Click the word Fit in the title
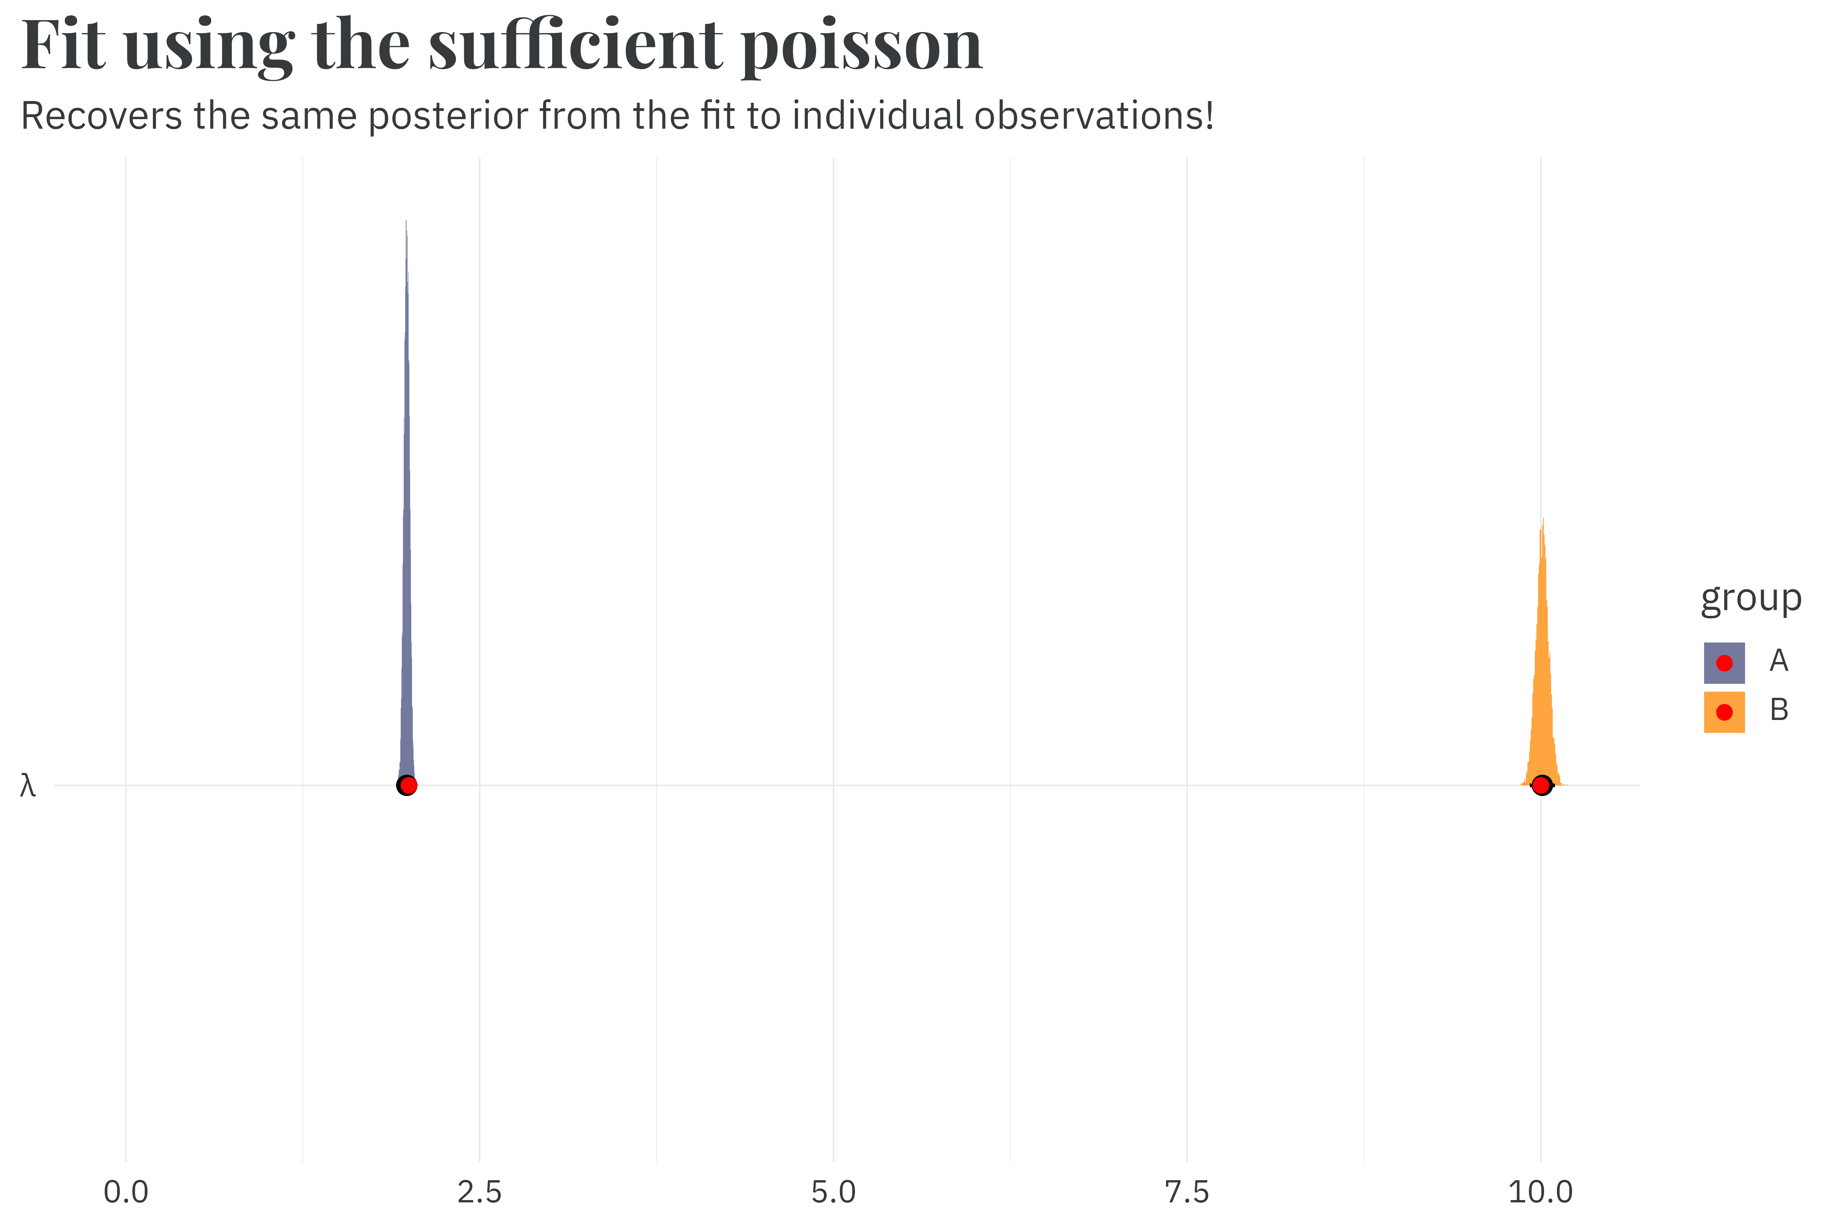pos(63,45)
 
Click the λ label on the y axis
pos(28,786)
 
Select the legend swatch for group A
pos(1724,663)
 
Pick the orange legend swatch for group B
pos(1724,712)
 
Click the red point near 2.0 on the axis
pos(408,786)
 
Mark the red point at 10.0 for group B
pos(1541,786)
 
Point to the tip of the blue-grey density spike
pos(406,222)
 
